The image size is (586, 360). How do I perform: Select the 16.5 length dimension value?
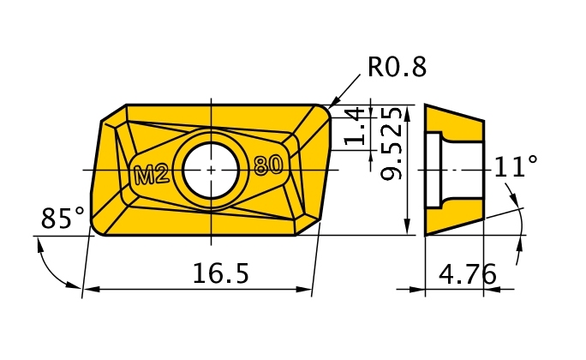pyautogui.click(x=220, y=273)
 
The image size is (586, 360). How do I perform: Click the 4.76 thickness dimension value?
pyautogui.click(x=467, y=274)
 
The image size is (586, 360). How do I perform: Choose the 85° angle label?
pyautogui.click(x=63, y=219)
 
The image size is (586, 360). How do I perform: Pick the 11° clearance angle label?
pyautogui.click(x=517, y=166)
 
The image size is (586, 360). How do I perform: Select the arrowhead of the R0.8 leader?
pyautogui.click(x=335, y=102)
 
